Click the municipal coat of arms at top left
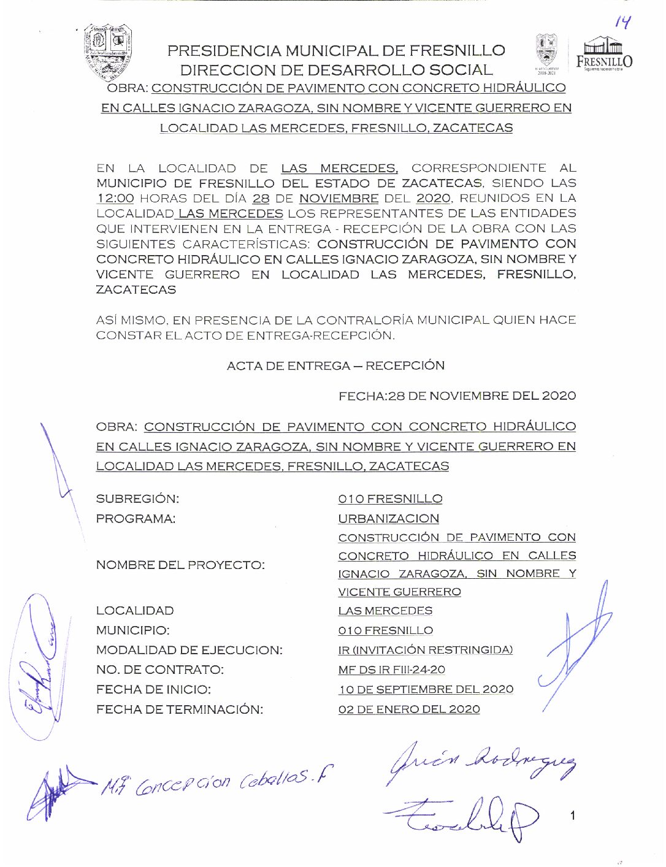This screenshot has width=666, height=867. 108,53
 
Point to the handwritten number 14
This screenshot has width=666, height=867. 622,23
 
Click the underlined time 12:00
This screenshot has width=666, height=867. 115,198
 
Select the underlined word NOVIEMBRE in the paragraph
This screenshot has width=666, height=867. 339,198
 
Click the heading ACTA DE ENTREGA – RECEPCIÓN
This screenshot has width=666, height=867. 335,365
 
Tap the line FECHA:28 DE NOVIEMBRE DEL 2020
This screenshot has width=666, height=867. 457,396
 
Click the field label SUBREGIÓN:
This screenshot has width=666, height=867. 137,499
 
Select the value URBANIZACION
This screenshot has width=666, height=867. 388,519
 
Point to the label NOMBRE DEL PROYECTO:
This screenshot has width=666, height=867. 180,565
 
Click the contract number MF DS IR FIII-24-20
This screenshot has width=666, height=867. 391,670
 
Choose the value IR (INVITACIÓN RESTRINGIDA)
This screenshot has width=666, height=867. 425,650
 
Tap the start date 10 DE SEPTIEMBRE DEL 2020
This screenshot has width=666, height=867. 426,689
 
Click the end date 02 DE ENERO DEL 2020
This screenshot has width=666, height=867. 409,709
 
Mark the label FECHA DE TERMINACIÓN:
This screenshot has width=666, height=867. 179,709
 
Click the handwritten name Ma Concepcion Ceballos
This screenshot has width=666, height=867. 215,781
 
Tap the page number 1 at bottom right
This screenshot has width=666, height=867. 572,815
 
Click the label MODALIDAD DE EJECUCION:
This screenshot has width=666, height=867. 189,650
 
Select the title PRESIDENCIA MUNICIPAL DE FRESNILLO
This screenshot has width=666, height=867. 336,50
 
